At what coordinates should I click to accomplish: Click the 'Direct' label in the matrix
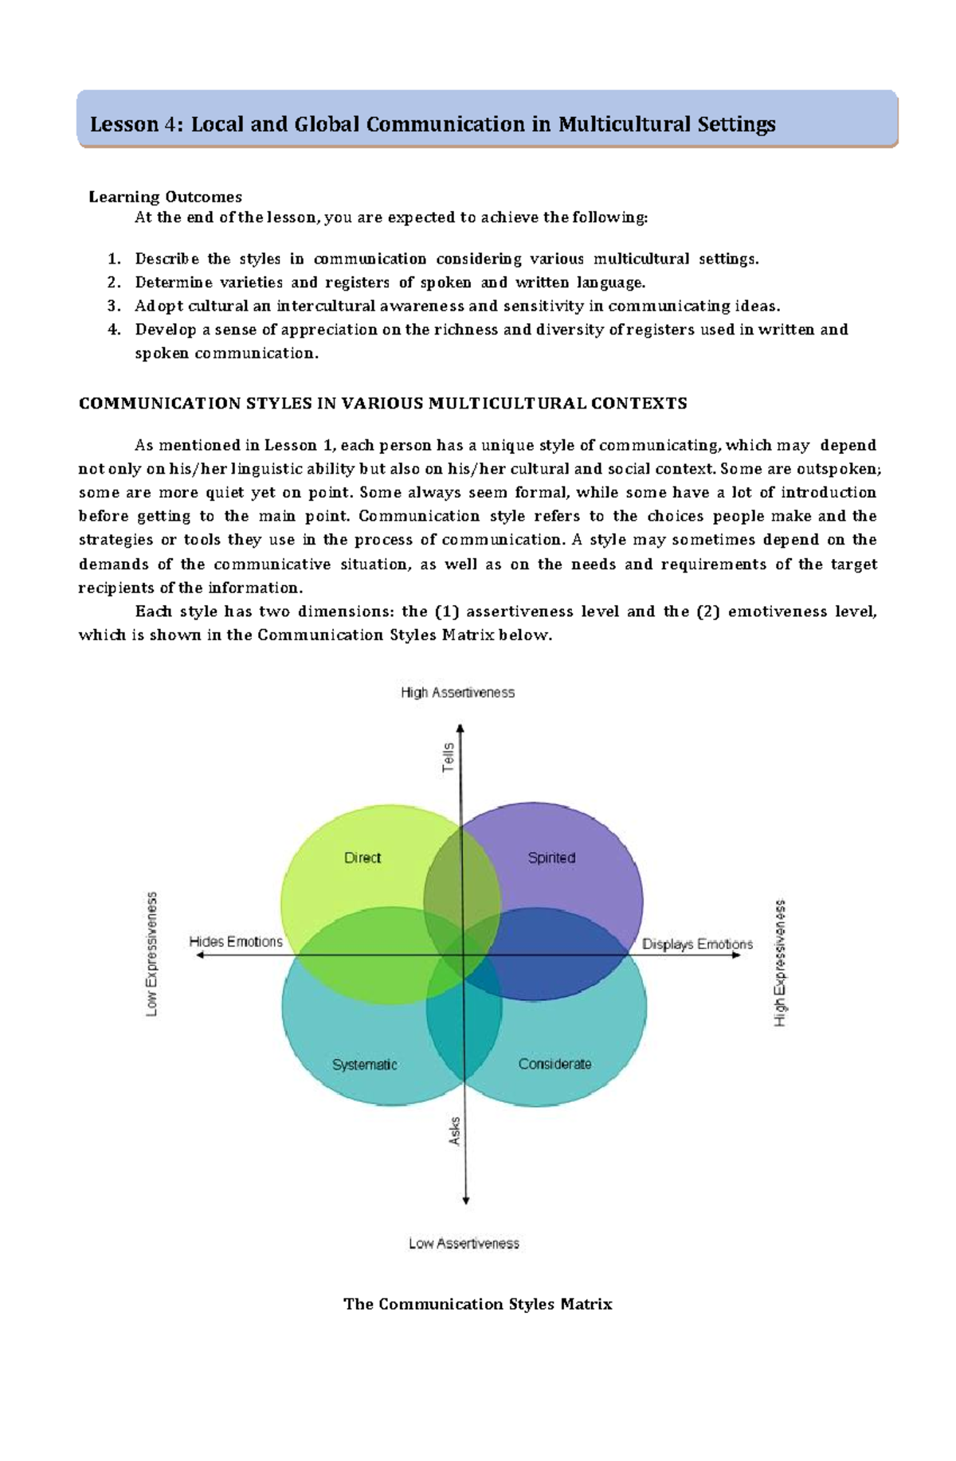coord(362,857)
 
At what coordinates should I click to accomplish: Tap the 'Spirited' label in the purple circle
coord(551,857)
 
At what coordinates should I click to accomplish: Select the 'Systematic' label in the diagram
coord(364,1064)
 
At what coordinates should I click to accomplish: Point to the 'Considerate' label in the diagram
coord(554,1064)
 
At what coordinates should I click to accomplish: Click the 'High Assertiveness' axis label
coord(457,693)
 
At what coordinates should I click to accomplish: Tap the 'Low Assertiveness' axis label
coord(464,1243)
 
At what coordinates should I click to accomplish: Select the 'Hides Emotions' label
coord(236,941)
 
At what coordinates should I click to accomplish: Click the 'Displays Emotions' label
coord(697,943)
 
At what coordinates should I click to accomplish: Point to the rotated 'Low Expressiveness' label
coord(151,954)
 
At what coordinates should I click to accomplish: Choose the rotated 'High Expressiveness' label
coord(781,963)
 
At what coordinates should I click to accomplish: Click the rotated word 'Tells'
coord(449,757)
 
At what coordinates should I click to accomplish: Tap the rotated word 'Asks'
coord(455,1131)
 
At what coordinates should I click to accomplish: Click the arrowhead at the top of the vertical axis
coord(460,728)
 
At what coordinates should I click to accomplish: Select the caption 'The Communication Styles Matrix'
coord(477,1304)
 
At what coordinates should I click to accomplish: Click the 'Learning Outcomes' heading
coord(165,197)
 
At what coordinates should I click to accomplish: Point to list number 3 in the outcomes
coord(114,306)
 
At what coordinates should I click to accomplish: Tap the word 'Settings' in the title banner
coord(736,124)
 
